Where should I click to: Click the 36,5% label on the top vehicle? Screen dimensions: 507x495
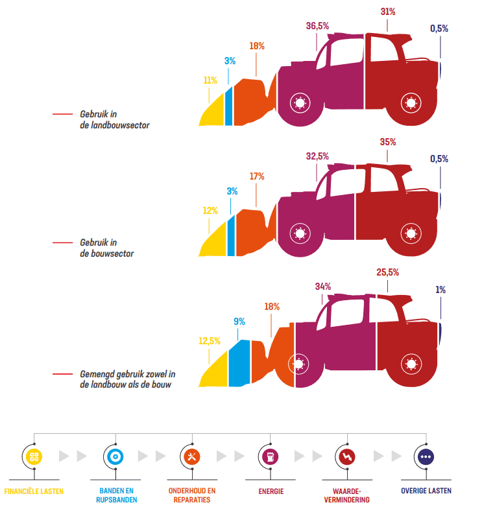pyautogui.click(x=317, y=26)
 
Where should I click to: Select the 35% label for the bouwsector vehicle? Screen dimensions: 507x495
pyautogui.click(x=388, y=142)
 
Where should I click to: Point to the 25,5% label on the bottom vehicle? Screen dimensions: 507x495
pyautogui.click(x=387, y=272)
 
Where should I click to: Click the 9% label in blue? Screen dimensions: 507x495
pyautogui.click(x=239, y=321)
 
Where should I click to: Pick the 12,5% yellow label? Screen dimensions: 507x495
pyautogui.click(x=210, y=341)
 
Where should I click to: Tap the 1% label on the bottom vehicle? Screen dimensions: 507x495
pyautogui.click(x=441, y=290)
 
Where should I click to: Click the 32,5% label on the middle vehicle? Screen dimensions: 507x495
pyautogui.click(x=317, y=156)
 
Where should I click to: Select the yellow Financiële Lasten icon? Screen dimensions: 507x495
pyautogui.click(x=34, y=456)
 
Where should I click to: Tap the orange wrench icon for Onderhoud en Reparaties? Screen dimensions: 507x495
pyautogui.click(x=191, y=456)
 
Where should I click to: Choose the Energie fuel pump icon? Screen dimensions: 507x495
pyautogui.click(x=270, y=456)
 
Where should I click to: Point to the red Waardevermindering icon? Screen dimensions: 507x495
pyautogui.click(x=348, y=456)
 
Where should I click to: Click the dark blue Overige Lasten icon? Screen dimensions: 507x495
pyautogui.click(x=426, y=456)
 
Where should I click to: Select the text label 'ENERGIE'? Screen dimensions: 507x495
pyautogui.click(x=270, y=491)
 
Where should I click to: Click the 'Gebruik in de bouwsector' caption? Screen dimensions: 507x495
pyautogui.click(x=106, y=248)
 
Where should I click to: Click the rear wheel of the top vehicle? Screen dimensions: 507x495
pyautogui.click(x=410, y=102)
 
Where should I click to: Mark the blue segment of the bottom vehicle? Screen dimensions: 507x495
pyautogui.click(x=239, y=363)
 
